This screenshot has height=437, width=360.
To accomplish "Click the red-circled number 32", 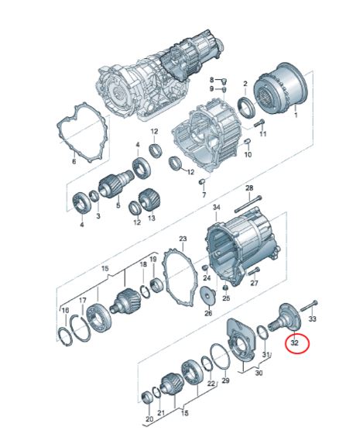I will coord(295,342).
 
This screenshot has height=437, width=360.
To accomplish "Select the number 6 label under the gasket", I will coord(74,161).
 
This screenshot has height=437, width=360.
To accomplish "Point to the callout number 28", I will coord(249,188).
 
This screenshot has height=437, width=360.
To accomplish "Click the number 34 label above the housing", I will coord(217,208).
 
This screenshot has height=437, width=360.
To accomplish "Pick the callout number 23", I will coord(183,239).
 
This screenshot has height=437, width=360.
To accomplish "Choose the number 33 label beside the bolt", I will coord(313,318).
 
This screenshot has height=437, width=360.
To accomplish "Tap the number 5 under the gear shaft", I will coord(118,207).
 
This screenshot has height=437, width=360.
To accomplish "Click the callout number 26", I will coord(207,314).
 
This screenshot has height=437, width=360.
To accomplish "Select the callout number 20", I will coord(149,419).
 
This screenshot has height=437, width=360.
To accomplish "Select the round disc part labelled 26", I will coord(207,295).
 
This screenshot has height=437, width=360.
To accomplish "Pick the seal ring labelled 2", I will coord(245,105).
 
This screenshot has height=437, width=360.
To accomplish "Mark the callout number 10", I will coord(248,154).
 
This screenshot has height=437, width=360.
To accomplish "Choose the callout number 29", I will coord(225,381).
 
